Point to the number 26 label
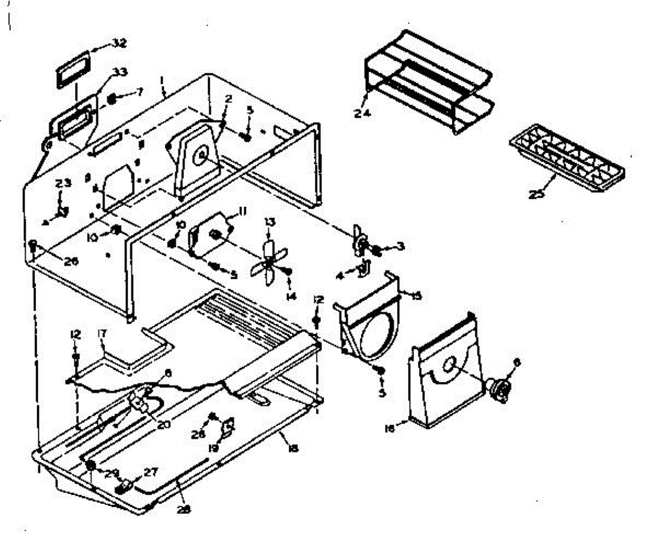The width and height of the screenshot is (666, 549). tap(70, 262)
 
